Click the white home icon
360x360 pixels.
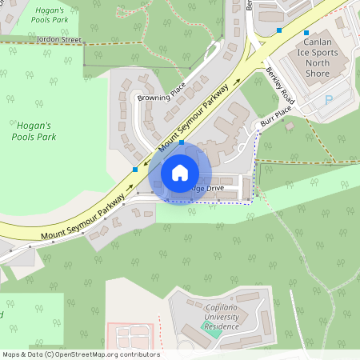pos(180,172)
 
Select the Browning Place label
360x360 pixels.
pos(161,98)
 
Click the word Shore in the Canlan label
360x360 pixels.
pos(318,73)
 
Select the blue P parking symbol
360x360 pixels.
pos(328,101)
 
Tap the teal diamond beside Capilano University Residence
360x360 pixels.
pos(213,333)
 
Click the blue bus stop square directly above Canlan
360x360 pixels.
pos(279,30)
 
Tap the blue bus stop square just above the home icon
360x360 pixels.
pos(182,142)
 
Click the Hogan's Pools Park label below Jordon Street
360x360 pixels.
pos(32,130)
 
